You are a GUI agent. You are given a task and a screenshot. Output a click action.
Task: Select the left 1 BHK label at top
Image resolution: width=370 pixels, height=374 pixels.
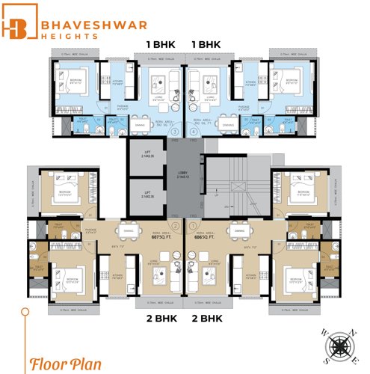[160, 44]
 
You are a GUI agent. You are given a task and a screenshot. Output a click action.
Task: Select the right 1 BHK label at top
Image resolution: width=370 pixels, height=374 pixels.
[209, 44]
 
